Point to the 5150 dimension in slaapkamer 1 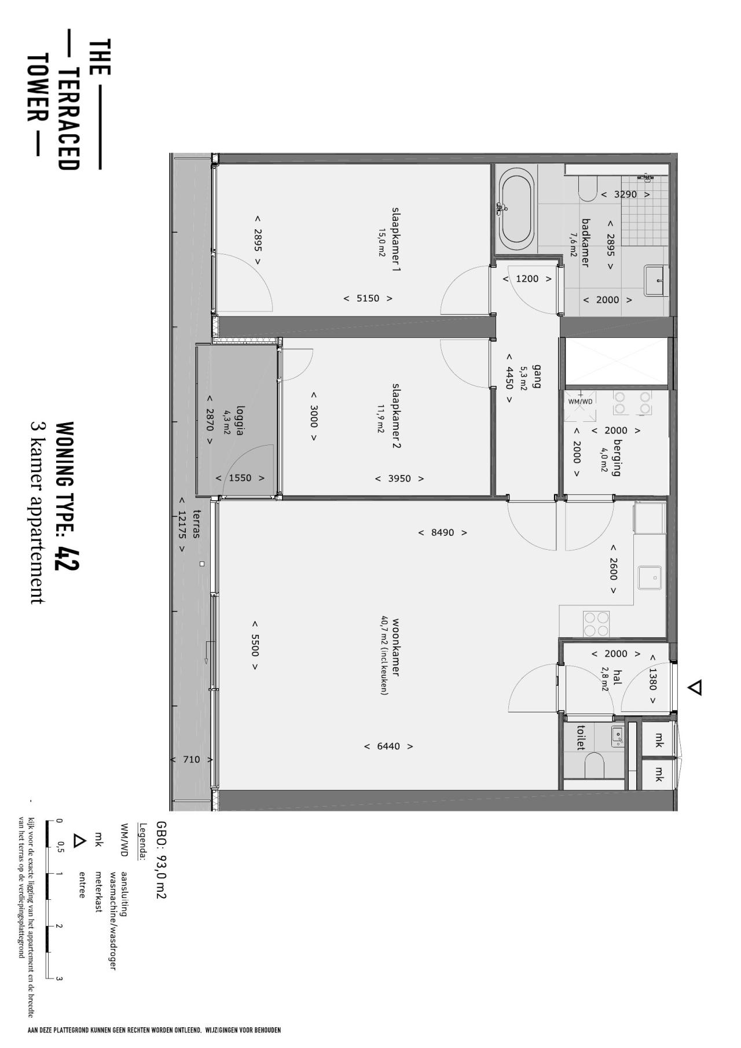point(368,299)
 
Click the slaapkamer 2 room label point(397,415)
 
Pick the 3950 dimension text point(399,479)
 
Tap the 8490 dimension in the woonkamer point(442,532)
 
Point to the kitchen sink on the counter point(650,577)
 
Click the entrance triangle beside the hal point(695,687)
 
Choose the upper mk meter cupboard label point(658,740)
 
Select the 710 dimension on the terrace point(191,760)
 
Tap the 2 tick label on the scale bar point(58,926)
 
